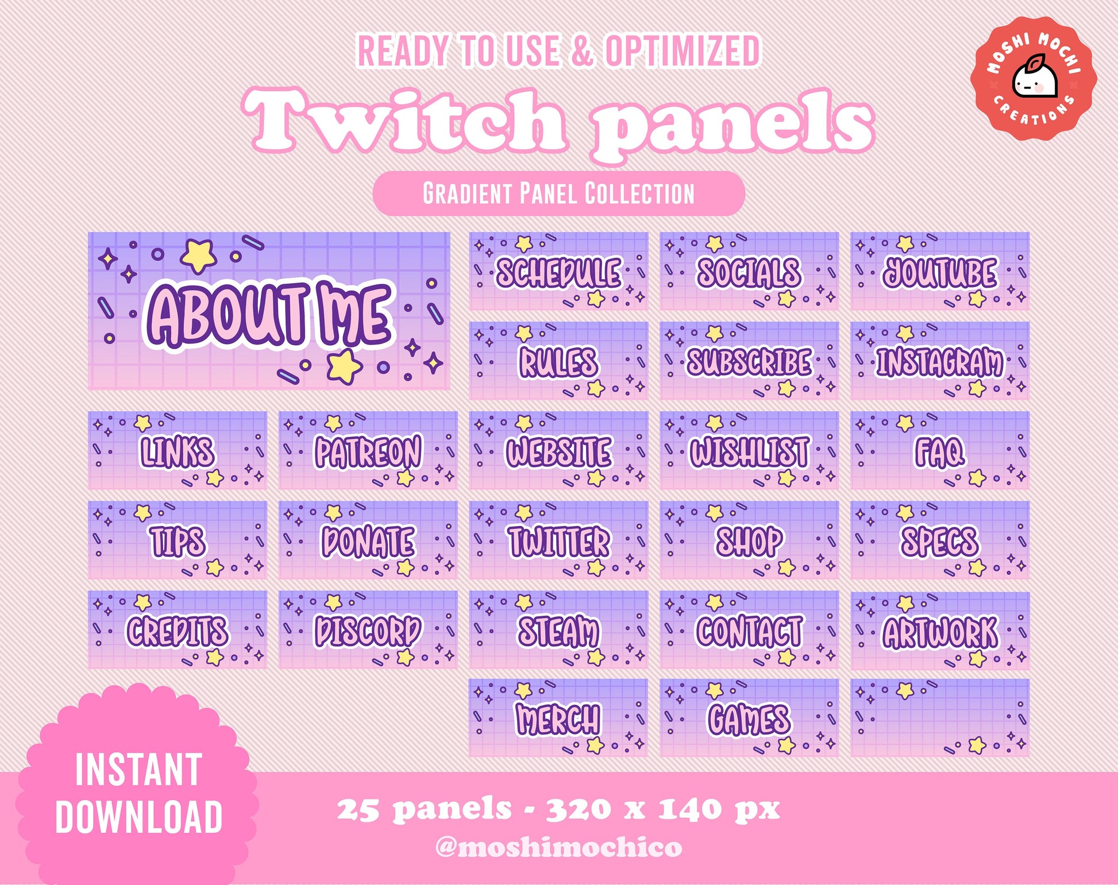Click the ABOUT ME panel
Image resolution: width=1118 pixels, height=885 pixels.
[x=269, y=311]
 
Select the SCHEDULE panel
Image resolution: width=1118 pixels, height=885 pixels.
[x=558, y=271]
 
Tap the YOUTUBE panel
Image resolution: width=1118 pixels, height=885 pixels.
[x=940, y=271]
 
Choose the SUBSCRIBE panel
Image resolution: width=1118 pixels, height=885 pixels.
[x=749, y=361]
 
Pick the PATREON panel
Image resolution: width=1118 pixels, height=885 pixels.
[x=368, y=450]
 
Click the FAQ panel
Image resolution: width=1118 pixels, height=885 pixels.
[x=940, y=450]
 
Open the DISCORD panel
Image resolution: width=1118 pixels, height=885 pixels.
[x=368, y=630]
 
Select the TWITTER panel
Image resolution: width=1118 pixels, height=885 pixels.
[x=558, y=540]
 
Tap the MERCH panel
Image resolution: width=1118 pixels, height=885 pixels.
[x=558, y=718]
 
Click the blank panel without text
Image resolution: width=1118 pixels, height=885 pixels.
[x=940, y=718]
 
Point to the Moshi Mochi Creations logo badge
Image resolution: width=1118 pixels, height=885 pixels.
[x=1034, y=80]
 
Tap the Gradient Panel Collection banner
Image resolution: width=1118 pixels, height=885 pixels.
[x=559, y=193]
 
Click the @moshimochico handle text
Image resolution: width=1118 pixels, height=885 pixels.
[x=559, y=847]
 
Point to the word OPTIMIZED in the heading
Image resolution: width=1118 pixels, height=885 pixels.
[x=683, y=51]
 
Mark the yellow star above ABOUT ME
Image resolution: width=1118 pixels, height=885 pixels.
[x=198, y=256]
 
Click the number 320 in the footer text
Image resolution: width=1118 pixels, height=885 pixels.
[x=578, y=810]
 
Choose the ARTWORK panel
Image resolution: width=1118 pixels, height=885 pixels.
[x=940, y=630]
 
